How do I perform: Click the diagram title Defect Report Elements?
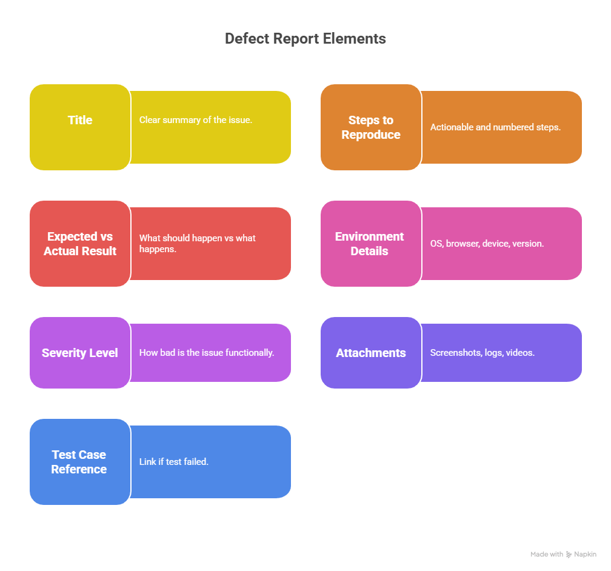(305, 39)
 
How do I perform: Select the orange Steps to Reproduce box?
(371, 127)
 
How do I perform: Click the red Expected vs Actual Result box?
(80, 244)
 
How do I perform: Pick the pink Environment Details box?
(371, 244)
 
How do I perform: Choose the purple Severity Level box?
(80, 353)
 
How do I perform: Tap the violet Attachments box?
(371, 353)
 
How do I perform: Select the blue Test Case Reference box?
(80, 462)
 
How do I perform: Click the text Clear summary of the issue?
(195, 120)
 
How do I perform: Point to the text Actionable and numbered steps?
(495, 127)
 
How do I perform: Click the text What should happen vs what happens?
(197, 244)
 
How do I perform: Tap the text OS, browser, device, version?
(487, 244)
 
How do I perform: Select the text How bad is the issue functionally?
(207, 352)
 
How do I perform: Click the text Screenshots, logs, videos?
(482, 352)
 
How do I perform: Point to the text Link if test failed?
(174, 462)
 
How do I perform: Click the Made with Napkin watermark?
(563, 554)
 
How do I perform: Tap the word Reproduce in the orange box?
(371, 135)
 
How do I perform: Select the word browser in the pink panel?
(462, 244)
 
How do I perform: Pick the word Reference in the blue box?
(79, 469)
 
